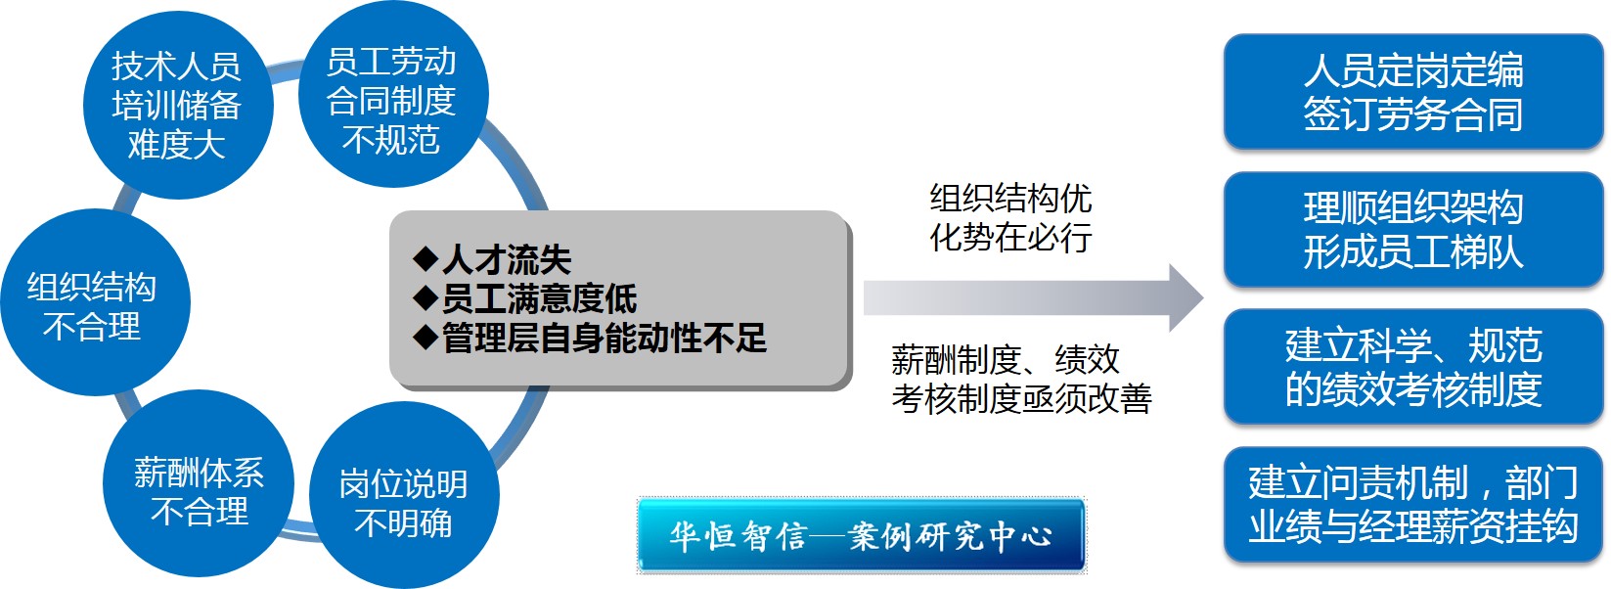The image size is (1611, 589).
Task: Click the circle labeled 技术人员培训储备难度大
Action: pos(178,105)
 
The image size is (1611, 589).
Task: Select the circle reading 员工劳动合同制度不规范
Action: pos(392,94)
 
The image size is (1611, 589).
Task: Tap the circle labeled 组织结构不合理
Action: pos(95,302)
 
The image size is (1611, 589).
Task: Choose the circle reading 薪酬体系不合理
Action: pos(199,483)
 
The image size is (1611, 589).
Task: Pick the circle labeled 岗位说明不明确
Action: pos(404,496)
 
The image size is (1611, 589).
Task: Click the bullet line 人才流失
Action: pos(492,259)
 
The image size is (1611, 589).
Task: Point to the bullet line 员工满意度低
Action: pos(525,298)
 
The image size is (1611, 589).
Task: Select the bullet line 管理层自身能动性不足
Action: pos(590,338)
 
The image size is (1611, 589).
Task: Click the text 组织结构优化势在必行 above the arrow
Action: pos(1010,218)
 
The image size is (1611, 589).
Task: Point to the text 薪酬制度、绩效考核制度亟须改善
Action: pos(1021,379)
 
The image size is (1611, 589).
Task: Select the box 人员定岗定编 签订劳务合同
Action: pos(1413,91)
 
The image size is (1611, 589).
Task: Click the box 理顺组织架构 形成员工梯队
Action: pos(1413,229)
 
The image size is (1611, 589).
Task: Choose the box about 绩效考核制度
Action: pos(1413,367)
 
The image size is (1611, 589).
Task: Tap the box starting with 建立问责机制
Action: pos(1413,504)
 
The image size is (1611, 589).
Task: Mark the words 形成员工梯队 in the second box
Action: pos(1413,252)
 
